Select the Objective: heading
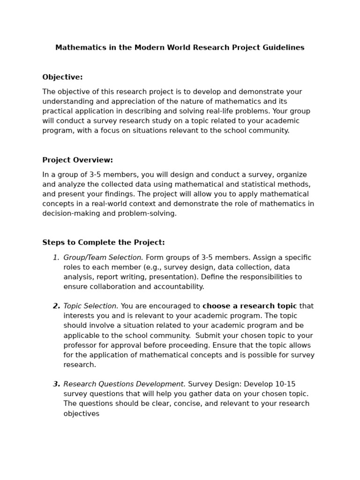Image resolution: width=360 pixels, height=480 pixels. coord(62,77)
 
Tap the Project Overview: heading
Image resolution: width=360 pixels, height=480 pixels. coord(77,160)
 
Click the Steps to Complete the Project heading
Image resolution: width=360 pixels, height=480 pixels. coord(104,243)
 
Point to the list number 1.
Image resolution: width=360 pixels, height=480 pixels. coord(56,258)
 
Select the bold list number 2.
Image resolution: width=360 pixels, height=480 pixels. coord(56,307)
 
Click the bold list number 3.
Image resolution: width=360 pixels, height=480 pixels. coord(56,384)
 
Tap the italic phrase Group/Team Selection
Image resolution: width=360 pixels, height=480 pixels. coord(103,258)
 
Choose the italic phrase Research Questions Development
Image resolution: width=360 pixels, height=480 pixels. coord(124,384)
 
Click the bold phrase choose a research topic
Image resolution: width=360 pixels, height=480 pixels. coord(249,307)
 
